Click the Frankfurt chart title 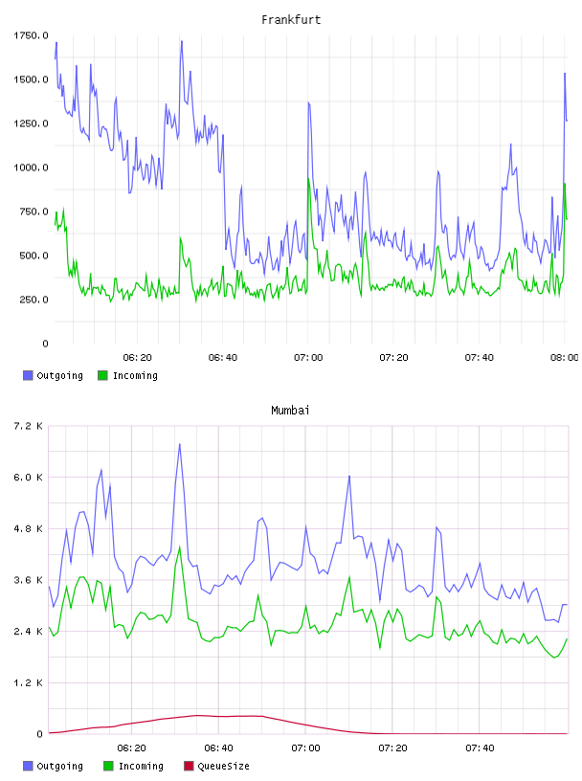[x=291, y=20]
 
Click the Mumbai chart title [x=290, y=411]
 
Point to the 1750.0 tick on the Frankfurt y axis [x=31, y=35]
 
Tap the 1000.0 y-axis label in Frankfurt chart [x=31, y=167]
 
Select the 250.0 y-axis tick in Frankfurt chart [x=34, y=300]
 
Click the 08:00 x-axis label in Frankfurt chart [x=565, y=357]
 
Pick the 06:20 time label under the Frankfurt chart [x=137, y=357]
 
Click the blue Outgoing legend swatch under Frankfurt [x=28, y=375]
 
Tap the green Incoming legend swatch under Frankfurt [x=102, y=375]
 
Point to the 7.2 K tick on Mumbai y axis [x=29, y=426]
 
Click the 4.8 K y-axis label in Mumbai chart [x=29, y=528]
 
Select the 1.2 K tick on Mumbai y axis [x=29, y=682]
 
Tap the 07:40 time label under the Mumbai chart [x=480, y=748]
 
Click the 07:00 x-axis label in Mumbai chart [x=305, y=748]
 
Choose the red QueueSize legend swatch [x=189, y=766]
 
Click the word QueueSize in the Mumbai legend [x=223, y=766]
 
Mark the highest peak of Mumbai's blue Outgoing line [x=179, y=444]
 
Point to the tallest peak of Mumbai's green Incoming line [x=179, y=547]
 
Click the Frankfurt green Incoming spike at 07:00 [x=308, y=178]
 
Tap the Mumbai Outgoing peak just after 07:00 [x=349, y=477]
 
